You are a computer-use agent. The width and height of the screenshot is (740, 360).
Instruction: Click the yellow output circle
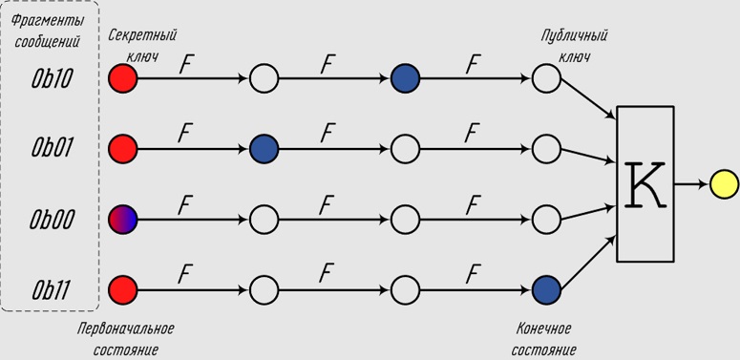click(724, 184)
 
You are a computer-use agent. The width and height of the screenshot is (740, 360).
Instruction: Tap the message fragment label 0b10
click(52, 78)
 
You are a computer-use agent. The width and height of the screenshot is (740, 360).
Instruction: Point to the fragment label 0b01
click(52, 149)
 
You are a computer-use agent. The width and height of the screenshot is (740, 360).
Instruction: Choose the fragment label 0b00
click(52, 220)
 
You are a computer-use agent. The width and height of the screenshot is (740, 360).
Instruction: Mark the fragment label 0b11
click(51, 289)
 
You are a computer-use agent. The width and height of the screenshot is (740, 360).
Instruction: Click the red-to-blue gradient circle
click(123, 220)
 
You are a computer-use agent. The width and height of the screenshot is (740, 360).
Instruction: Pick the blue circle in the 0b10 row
click(406, 78)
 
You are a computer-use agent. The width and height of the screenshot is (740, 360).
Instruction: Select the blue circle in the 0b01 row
click(264, 149)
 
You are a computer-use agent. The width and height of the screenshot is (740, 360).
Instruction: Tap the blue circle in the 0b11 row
click(546, 289)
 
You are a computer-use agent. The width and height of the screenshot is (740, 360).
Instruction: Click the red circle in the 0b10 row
click(123, 78)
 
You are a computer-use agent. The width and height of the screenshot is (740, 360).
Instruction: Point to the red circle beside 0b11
click(123, 289)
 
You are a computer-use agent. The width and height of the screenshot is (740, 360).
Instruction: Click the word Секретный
click(142, 36)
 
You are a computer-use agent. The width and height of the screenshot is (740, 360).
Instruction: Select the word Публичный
click(575, 36)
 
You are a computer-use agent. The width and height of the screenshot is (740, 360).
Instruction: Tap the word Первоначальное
click(125, 328)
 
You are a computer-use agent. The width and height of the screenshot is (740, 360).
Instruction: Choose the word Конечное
click(544, 328)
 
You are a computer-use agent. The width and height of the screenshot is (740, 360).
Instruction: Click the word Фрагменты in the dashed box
click(48, 21)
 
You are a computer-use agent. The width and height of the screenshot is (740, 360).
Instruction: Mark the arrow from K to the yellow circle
click(692, 184)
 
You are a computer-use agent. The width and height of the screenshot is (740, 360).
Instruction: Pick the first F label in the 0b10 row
click(186, 65)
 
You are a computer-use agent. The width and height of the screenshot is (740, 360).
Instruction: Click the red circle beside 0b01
click(123, 149)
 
